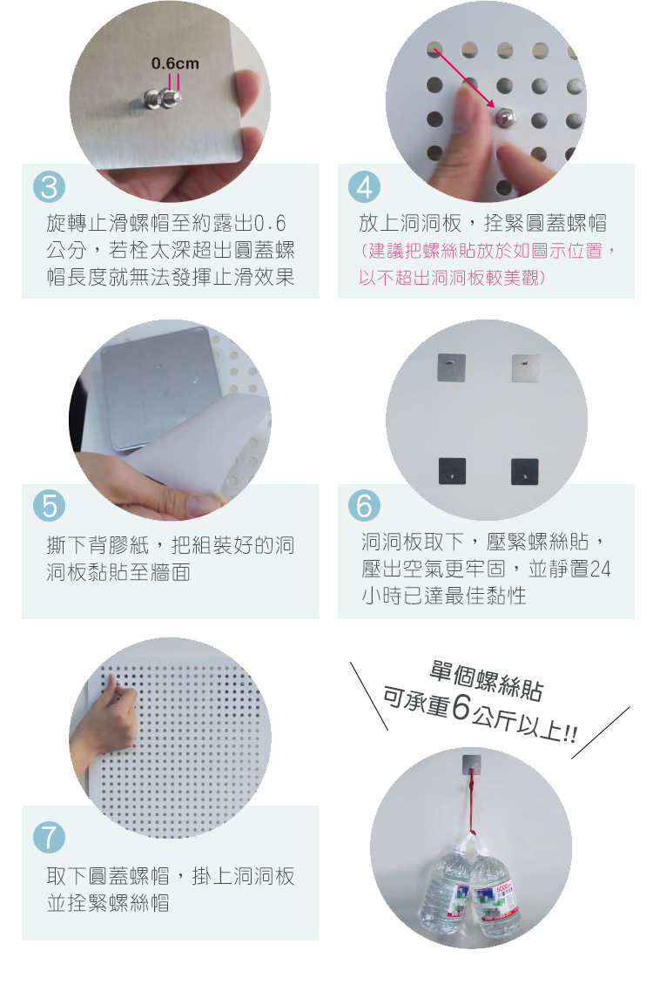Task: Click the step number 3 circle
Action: click(x=49, y=187)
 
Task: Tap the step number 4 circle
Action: click(x=364, y=187)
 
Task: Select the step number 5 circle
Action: click(x=49, y=506)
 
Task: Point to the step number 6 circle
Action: click(x=364, y=506)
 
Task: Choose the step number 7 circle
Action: click(x=49, y=838)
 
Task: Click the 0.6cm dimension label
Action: click(x=175, y=64)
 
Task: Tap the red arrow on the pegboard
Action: click(x=464, y=78)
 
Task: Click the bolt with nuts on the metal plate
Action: click(x=163, y=98)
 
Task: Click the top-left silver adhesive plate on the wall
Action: click(x=452, y=367)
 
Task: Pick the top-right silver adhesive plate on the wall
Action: click(x=526, y=368)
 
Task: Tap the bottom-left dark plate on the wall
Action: click(x=452, y=471)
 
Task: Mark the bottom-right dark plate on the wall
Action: click(x=525, y=471)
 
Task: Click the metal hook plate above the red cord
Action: click(x=472, y=763)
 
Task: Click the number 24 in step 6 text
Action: click(x=601, y=569)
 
